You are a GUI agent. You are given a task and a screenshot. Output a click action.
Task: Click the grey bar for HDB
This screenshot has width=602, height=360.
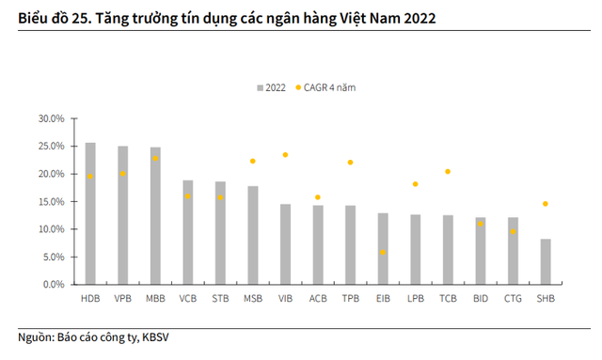coord(90,213)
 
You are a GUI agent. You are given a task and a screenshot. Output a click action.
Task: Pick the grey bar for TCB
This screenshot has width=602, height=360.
coord(448,249)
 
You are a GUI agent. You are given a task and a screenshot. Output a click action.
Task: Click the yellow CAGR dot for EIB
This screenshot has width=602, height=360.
coord(383,253)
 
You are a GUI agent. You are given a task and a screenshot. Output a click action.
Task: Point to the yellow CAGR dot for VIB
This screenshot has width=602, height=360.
coord(285,155)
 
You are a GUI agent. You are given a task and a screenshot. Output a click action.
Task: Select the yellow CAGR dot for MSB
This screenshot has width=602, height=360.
coord(253,161)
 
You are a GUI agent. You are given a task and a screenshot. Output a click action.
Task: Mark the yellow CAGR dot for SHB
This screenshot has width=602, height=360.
coord(545,204)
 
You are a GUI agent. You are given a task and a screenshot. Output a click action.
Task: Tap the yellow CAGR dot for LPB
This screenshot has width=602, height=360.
coord(415,184)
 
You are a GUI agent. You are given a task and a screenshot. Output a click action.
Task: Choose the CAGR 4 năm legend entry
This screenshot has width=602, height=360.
coord(330,87)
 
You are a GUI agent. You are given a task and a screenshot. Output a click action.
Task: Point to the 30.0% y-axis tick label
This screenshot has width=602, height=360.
coord(50,119)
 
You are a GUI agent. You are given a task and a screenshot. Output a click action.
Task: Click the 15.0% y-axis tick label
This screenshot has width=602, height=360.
coord(50,202)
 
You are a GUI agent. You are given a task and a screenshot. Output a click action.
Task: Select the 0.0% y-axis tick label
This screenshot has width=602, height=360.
coord(53,285)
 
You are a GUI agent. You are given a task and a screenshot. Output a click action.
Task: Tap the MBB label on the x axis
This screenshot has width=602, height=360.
coord(155,299)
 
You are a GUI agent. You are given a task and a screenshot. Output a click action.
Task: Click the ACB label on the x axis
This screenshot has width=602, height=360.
coord(318,299)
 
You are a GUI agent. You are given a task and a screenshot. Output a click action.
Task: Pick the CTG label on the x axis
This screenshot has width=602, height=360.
coord(513,299)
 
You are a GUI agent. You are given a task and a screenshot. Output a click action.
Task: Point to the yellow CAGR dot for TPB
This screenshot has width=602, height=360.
coord(350,163)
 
